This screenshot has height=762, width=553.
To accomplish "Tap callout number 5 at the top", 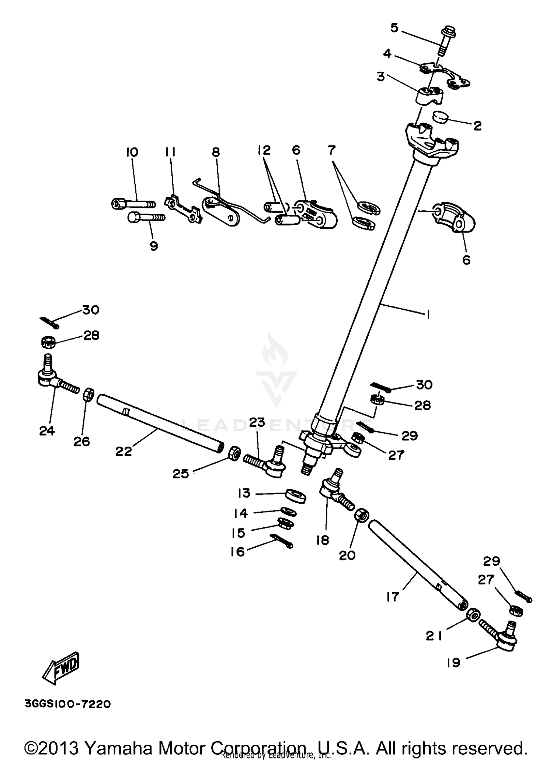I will [394, 28].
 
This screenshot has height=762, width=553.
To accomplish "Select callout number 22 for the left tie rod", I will [124, 451].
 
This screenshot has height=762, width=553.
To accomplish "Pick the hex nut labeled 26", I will [88, 396].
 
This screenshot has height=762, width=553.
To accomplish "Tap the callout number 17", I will [393, 597].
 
